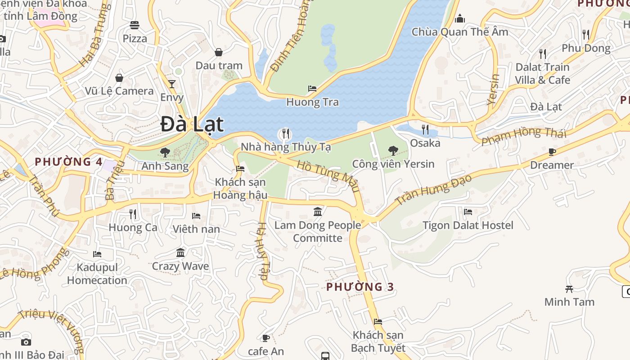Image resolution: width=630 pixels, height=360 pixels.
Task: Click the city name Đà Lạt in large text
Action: click(192, 125)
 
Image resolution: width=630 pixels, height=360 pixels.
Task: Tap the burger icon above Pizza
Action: click(135, 25)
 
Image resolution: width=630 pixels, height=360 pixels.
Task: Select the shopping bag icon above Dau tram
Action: click(219, 52)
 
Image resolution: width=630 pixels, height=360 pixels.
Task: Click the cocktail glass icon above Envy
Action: click(171, 84)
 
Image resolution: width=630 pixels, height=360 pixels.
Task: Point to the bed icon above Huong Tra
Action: click(312, 89)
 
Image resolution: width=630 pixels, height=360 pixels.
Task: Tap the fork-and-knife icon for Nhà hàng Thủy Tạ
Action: click(285, 134)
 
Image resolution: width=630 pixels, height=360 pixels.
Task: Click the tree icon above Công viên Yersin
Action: click(393, 150)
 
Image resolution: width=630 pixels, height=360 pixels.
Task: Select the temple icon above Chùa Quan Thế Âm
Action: click(459, 18)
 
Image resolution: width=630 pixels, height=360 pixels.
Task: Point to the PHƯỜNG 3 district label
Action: click(360, 287)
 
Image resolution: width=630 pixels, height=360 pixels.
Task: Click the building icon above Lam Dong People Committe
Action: click(318, 211)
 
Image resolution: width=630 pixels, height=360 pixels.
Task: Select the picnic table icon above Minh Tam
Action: click(569, 289)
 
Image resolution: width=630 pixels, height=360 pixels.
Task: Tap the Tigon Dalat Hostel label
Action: click(468, 225)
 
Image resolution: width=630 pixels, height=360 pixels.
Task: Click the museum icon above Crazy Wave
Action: click(180, 252)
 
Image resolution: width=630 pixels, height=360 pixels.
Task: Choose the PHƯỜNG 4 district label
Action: click(68, 162)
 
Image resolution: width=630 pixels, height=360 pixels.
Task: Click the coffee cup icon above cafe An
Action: click(266, 338)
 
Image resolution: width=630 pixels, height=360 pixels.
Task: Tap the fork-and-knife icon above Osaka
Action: click(425, 130)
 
